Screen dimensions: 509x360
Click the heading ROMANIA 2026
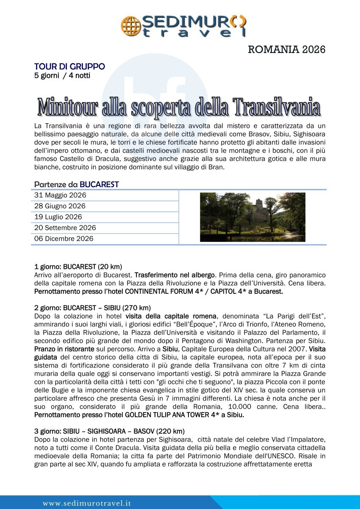(x=286, y=50)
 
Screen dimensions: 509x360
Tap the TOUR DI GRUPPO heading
(x=69, y=66)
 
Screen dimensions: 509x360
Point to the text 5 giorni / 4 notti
(x=62, y=76)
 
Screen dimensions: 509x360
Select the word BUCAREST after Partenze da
(x=99, y=184)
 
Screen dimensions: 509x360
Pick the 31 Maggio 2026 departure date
(x=60, y=195)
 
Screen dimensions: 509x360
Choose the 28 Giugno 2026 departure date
(x=60, y=206)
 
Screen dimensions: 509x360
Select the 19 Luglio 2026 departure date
(x=58, y=217)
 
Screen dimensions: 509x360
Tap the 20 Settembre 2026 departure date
(x=65, y=228)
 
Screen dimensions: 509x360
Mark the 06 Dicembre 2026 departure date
(x=64, y=238)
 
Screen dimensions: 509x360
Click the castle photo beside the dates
(x=252, y=217)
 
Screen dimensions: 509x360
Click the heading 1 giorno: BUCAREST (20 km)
(x=78, y=267)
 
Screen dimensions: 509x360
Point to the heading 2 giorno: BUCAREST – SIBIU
(x=92, y=308)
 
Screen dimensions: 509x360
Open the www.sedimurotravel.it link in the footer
(x=86, y=503)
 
